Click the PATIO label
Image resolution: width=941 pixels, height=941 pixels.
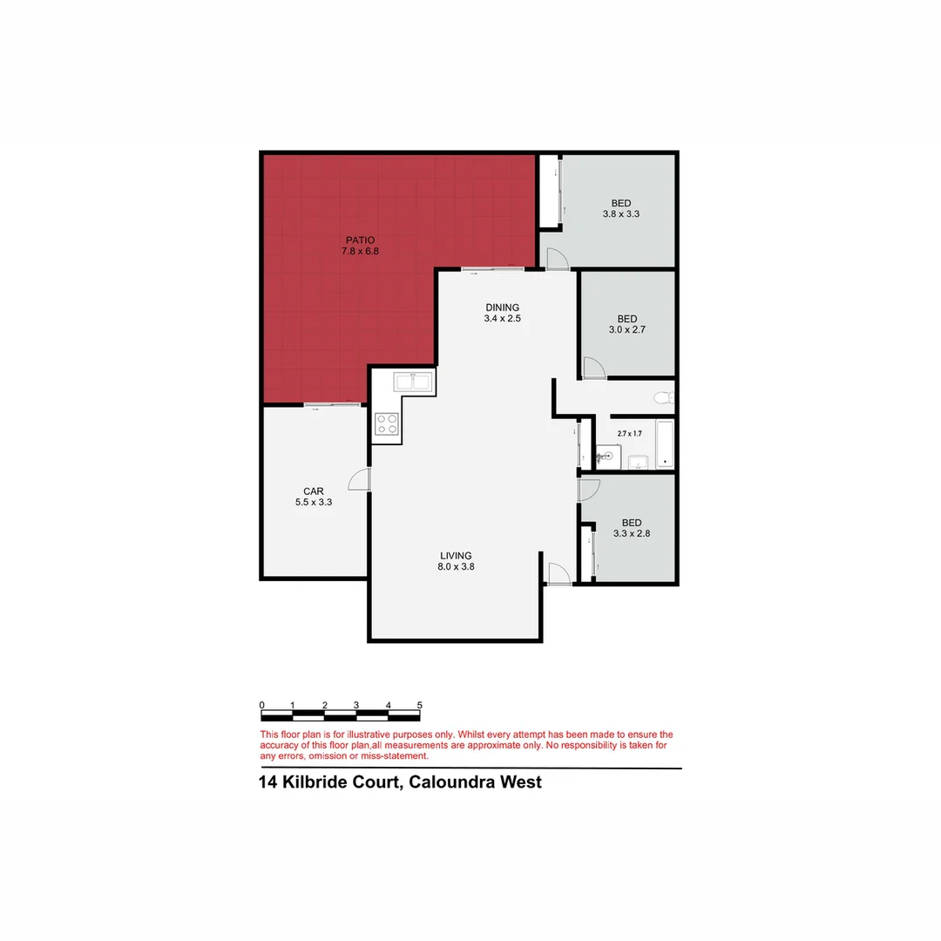[360, 240]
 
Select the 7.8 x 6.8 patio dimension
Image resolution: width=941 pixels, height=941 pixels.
[360, 251]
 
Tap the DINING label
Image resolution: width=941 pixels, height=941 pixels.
[502, 308]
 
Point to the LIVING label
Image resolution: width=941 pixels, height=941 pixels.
[456, 556]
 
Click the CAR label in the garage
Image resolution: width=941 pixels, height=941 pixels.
[314, 491]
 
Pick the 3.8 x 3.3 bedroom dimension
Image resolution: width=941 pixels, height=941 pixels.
[620, 213]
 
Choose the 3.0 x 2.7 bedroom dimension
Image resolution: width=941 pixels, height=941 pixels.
[626, 330]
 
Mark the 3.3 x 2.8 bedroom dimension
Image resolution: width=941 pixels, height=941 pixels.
[631, 533]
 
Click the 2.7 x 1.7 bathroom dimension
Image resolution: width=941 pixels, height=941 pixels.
[629, 433]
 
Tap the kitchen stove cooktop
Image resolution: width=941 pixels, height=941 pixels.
[386, 424]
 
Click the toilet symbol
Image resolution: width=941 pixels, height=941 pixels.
[664, 398]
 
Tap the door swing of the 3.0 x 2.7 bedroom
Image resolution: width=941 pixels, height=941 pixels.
[592, 369]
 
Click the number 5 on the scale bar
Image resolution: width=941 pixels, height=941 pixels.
[420, 705]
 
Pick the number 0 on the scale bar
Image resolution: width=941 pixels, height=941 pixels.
[261, 705]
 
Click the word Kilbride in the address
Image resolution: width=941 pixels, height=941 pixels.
[331, 782]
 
